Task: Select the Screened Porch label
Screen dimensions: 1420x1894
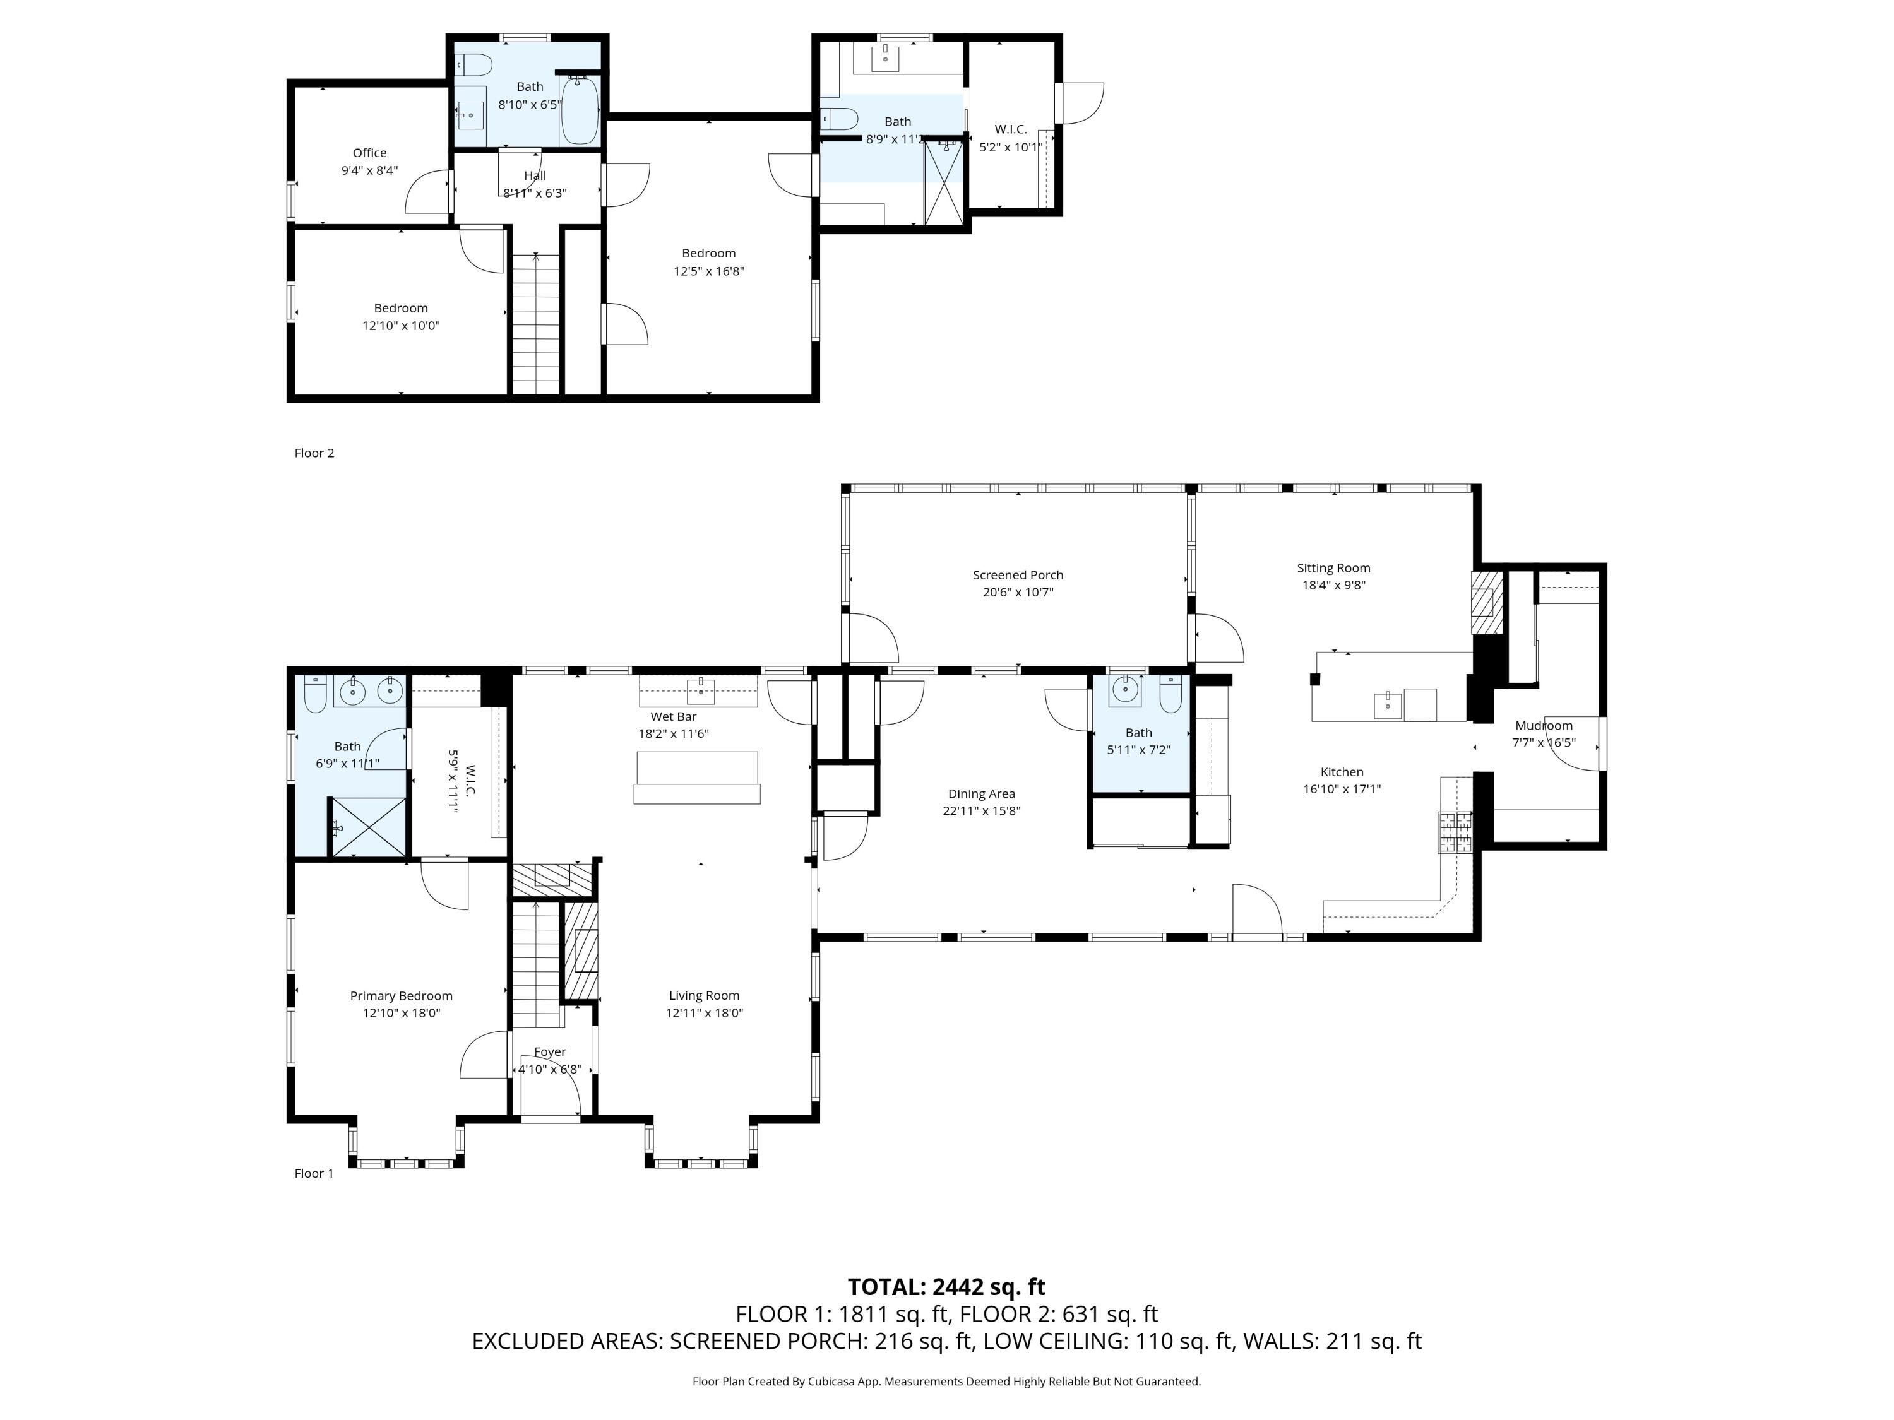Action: coord(1017,575)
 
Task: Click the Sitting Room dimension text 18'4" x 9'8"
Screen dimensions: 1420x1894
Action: coord(1333,586)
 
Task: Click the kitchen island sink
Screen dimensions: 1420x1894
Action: coord(1387,706)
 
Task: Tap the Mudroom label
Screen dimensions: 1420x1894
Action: coord(1543,726)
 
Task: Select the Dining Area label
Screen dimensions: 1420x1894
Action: coord(981,793)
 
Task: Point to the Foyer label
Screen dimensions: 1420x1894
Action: coord(550,1052)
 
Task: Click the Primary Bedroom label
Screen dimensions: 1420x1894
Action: coord(401,995)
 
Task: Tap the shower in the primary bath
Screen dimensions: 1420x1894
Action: coord(368,827)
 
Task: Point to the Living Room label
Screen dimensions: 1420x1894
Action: coord(704,995)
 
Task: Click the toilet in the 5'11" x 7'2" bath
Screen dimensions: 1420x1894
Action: coord(1170,694)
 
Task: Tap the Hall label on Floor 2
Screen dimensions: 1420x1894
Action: coord(535,175)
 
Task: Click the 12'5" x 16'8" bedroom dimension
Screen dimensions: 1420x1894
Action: coord(708,271)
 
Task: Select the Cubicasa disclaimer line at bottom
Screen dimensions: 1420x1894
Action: coord(946,1382)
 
